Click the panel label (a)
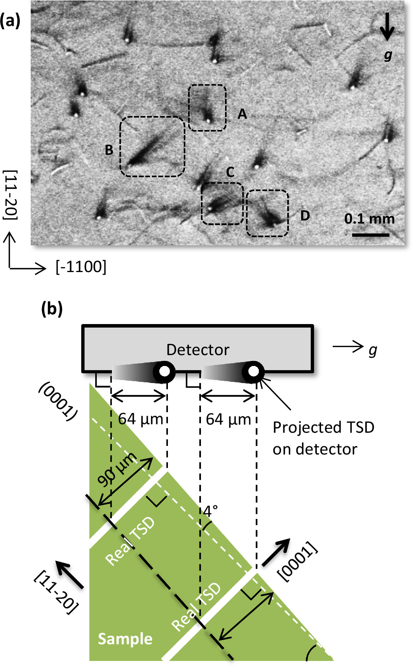(x=10, y=20)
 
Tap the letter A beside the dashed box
(x=242, y=114)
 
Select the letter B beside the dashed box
(x=109, y=150)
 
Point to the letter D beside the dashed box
(x=305, y=216)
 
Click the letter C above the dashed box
(x=230, y=172)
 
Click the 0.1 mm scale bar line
(x=370, y=234)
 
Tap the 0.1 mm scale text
(x=369, y=219)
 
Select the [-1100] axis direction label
(x=81, y=267)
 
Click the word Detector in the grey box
(x=197, y=350)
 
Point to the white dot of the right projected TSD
(x=253, y=371)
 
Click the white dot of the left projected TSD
(x=164, y=371)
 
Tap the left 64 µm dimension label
(x=141, y=420)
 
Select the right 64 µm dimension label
(x=229, y=420)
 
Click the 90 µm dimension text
(x=117, y=469)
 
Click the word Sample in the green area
(x=125, y=639)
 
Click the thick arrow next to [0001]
(x=276, y=552)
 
